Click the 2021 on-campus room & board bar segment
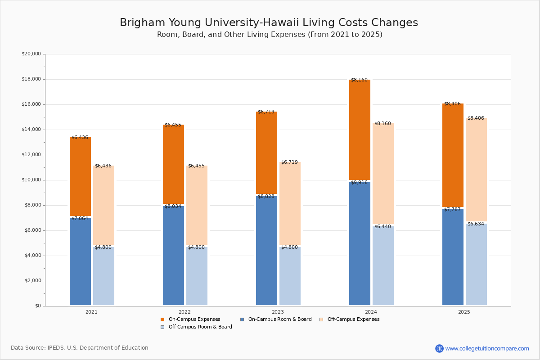(80, 261)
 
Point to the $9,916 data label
(359, 183)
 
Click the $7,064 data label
(80, 219)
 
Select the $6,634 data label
(476, 224)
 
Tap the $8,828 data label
(266, 197)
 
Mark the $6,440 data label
(382, 227)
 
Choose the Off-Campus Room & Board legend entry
(200, 327)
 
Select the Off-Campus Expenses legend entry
(353, 319)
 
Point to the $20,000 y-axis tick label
(31, 54)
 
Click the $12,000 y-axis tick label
(31, 155)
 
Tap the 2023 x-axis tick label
(278, 312)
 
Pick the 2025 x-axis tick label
(464, 312)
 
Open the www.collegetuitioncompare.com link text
(487, 348)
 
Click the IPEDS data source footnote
(80, 348)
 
